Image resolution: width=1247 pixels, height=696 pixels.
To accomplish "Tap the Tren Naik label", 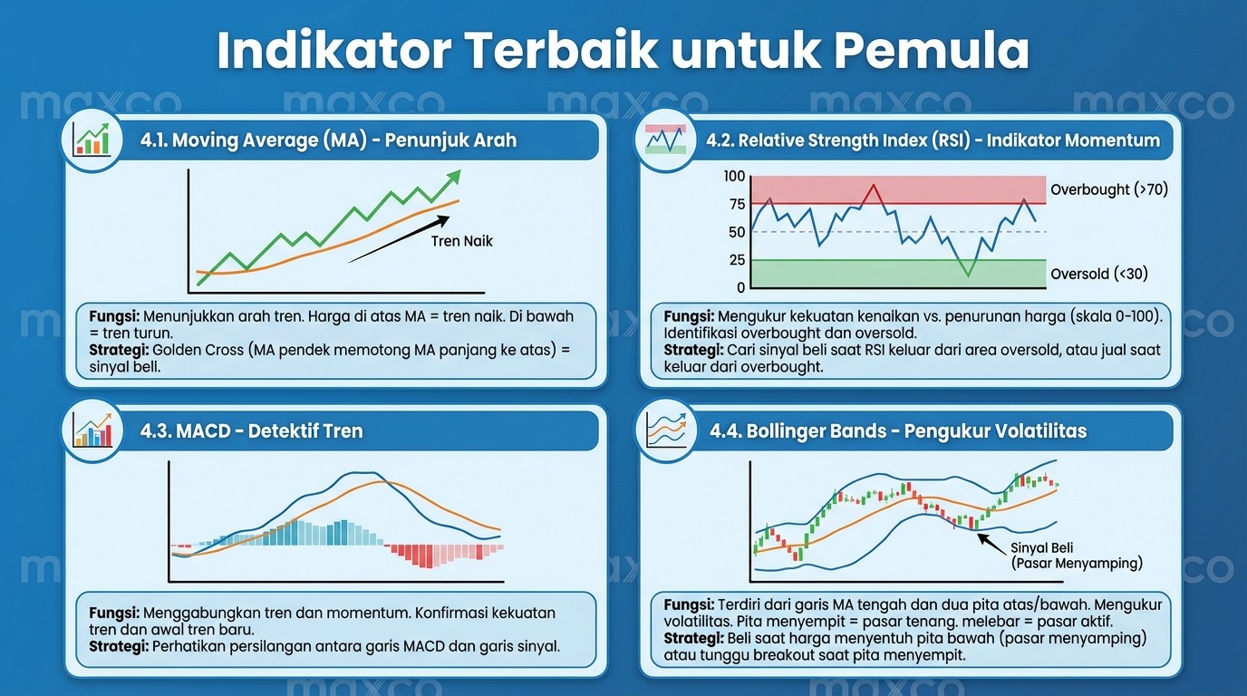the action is (461, 241).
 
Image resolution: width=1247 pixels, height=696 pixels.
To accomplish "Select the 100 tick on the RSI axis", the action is (734, 177).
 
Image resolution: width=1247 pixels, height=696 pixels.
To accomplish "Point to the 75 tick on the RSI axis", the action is (737, 204).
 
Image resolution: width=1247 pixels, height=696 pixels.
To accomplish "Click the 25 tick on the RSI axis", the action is (737, 260).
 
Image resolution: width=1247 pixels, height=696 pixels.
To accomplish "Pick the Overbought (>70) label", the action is (1109, 190).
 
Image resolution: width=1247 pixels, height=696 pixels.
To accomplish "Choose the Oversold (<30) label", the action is (1099, 274).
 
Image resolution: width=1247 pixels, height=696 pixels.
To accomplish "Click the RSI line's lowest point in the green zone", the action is (968, 275).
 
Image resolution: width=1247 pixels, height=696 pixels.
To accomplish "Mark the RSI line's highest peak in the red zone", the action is (874, 185).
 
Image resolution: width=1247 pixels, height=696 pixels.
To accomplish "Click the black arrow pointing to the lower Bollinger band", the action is (993, 544).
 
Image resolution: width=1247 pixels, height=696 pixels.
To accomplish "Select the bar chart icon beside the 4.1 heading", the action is (92, 140).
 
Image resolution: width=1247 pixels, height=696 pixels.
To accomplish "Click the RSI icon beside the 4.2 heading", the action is (665, 140).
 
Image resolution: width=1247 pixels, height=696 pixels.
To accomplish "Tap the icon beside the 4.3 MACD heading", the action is (92, 430).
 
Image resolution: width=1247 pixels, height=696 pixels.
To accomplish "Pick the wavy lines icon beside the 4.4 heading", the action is (666, 430).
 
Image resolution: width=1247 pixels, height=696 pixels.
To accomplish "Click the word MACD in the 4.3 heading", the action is (203, 431).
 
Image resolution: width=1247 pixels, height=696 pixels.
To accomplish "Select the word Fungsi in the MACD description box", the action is (114, 613).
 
